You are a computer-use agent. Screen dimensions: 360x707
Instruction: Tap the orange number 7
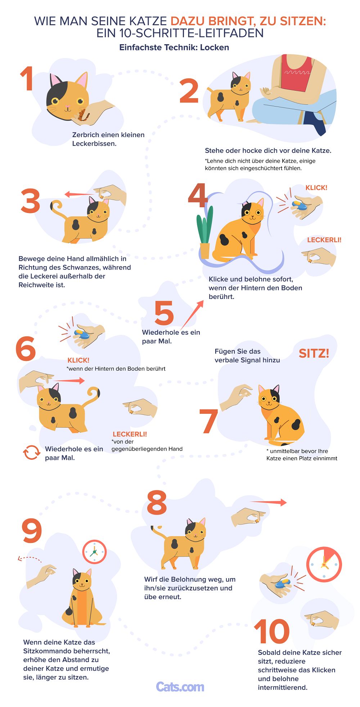[209, 421]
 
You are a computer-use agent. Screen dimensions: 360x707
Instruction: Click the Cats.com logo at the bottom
[180, 686]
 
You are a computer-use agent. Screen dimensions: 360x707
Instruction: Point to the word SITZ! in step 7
[314, 353]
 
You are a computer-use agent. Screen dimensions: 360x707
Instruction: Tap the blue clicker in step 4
[299, 206]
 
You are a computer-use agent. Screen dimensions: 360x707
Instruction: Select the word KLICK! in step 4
[316, 187]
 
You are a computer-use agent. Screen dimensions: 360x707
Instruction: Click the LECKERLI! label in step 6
[130, 434]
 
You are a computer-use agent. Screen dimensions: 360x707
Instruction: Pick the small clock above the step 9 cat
[94, 552]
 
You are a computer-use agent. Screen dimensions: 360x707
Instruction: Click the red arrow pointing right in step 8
[269, 502]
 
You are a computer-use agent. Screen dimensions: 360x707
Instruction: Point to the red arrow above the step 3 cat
[79, 195]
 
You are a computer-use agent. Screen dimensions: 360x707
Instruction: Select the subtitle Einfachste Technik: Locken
[174, 47]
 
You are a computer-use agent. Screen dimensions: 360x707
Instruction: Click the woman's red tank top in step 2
[296, 74]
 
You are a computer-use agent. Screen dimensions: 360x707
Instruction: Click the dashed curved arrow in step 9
[30, 558]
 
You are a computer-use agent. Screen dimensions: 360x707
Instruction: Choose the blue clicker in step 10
[283, 583]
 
